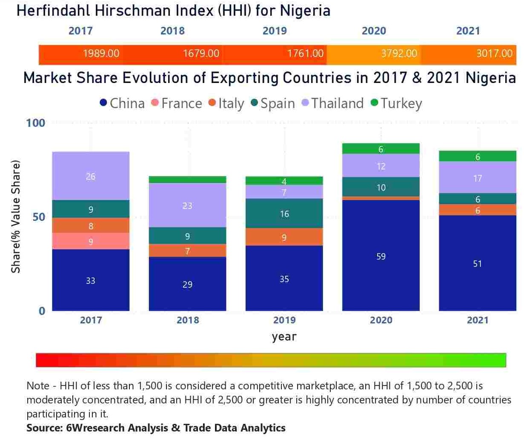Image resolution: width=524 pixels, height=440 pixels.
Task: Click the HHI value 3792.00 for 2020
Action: coord(399,54)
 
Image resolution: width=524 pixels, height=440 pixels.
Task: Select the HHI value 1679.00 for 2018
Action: coord(201,54)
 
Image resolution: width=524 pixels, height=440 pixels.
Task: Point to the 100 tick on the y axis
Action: coord(35,123)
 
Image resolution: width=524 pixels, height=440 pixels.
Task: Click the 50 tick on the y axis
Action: coord(39,217)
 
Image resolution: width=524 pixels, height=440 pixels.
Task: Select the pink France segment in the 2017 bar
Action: coord(91,241)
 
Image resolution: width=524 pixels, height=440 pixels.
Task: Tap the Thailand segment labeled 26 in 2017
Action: coord(91,176)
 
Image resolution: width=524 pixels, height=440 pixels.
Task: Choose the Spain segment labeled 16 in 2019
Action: coord(284,214)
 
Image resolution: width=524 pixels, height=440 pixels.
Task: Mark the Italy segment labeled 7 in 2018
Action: coord(187,251)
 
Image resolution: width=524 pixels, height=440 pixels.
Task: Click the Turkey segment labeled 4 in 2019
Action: coord(284,181)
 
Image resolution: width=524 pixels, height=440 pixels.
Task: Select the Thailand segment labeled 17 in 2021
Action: coord(478,178)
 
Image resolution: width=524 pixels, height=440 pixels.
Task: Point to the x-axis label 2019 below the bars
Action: coord(284,320)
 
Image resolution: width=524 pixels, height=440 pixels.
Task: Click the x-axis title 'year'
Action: coord(284,337)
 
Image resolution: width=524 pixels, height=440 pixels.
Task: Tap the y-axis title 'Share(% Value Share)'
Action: coord(16,217)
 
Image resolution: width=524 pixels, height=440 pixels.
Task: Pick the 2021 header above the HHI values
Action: coord(468,31)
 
